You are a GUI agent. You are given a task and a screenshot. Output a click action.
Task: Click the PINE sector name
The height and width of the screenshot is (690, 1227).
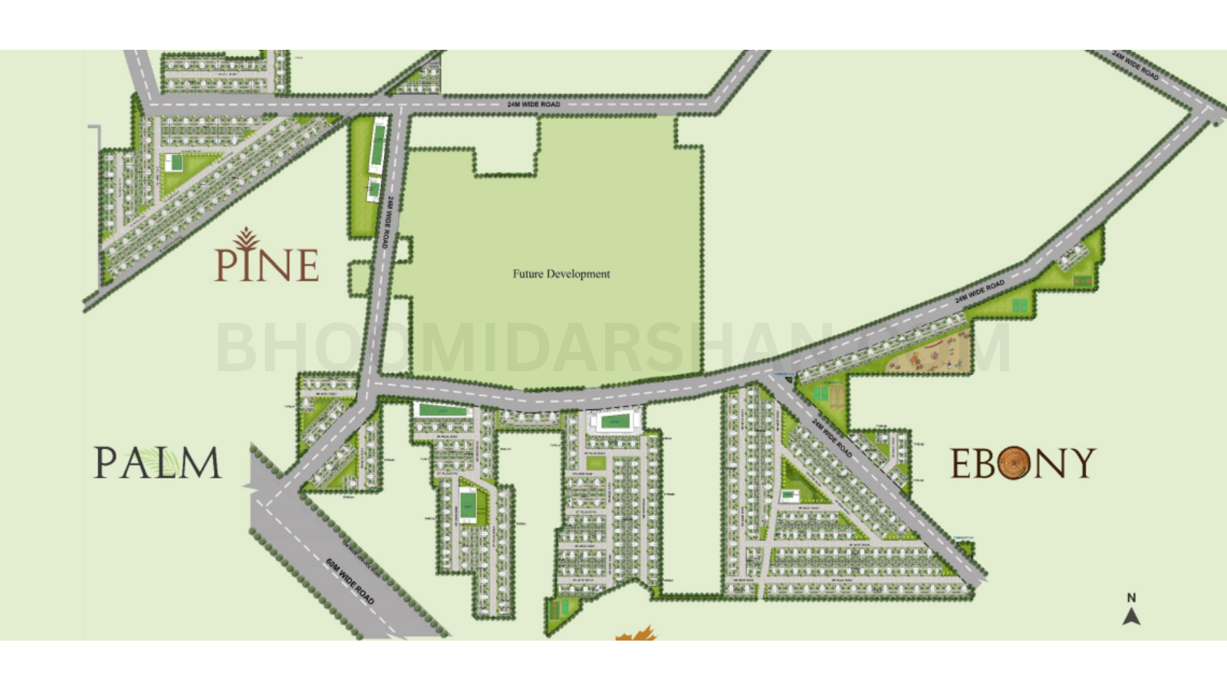266,264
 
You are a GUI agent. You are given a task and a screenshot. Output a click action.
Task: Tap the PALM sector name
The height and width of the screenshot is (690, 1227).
157,463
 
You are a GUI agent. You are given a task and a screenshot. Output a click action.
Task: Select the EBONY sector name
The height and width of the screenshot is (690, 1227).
1023,463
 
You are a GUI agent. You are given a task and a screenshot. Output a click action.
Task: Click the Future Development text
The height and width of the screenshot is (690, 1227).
561,274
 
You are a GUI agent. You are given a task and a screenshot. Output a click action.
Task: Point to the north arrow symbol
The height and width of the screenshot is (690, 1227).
1131,616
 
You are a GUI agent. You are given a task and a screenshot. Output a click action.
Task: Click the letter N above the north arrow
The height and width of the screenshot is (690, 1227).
1131,597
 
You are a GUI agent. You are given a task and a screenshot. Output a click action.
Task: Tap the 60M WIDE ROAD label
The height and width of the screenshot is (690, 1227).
350,581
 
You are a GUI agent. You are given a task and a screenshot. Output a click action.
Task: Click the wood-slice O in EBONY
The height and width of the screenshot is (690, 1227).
1014,463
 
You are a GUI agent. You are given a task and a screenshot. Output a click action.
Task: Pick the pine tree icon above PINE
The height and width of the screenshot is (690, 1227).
246,238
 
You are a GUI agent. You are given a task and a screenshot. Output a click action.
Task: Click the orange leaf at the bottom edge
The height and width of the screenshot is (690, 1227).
636,633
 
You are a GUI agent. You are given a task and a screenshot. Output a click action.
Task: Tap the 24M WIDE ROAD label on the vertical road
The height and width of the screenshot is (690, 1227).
389,222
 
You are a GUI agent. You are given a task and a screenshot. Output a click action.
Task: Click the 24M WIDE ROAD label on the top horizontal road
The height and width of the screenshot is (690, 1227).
534,104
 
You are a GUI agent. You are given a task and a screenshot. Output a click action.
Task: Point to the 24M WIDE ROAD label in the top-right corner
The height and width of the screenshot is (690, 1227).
1136,66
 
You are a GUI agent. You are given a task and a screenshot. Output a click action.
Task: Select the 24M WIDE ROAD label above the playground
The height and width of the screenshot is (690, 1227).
979,292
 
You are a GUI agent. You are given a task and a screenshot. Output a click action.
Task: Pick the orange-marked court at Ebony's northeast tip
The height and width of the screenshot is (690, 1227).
1083,281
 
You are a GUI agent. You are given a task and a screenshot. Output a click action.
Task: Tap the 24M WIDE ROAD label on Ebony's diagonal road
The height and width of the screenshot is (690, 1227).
832,439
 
